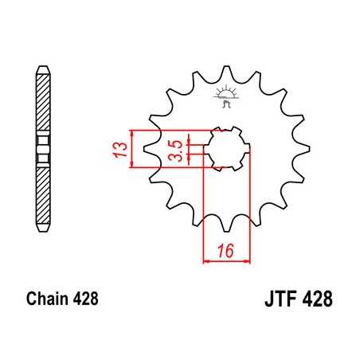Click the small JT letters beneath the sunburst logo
pos(225,101)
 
